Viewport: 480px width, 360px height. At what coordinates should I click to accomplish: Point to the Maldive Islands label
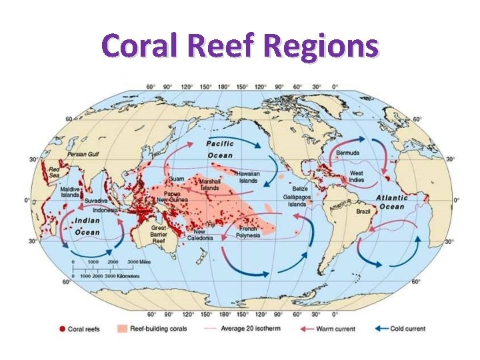point(71,192)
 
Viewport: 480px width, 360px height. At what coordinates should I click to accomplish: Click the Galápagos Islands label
point(297,201)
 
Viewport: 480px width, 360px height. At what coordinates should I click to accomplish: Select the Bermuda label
point(347,153)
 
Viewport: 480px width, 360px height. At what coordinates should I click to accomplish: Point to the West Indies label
point(357,177)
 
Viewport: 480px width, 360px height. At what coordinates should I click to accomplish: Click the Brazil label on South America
point(363,211)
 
